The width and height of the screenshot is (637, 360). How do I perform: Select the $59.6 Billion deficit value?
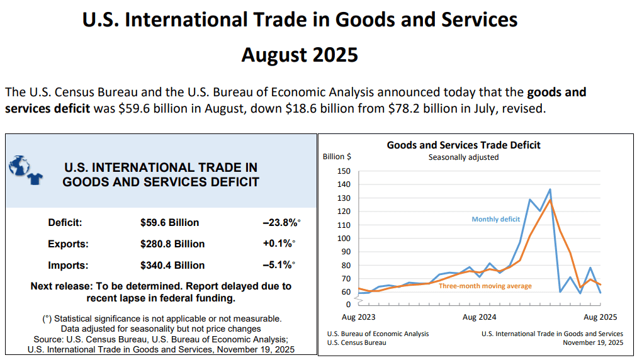[x=169, y=223]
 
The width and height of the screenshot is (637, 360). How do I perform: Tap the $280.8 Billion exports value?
[x=172, y=244]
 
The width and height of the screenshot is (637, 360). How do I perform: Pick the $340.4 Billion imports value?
[x=172, y=266]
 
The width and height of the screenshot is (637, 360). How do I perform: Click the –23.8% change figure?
[x=281, y=223]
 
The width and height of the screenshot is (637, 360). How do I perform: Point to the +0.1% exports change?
[x=279, y=244]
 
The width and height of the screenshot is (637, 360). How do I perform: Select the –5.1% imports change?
[x=279, y=266]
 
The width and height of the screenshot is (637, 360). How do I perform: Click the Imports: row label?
[x=68, y=266]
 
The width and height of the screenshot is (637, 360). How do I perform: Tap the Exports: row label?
[x=68, y=244]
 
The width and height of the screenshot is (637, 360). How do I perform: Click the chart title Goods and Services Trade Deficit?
[x=463, y=145]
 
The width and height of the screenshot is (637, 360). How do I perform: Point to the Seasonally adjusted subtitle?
[x=463, y=157]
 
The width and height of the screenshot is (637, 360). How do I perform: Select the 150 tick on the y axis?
[x=344, y=171]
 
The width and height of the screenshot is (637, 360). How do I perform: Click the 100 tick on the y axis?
[x=344, y=239]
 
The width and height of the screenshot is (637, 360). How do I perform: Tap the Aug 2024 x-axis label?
[x=479, y=317]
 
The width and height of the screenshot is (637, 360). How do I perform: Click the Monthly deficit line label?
[x=496, y=219]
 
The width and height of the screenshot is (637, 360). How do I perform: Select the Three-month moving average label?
[x=485, y=286]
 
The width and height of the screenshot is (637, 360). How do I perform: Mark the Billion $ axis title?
[x=337, y=157]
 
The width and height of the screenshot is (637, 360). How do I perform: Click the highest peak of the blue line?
[x=550, y=189]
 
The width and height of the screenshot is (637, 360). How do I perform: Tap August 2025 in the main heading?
[x=300, y=55]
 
